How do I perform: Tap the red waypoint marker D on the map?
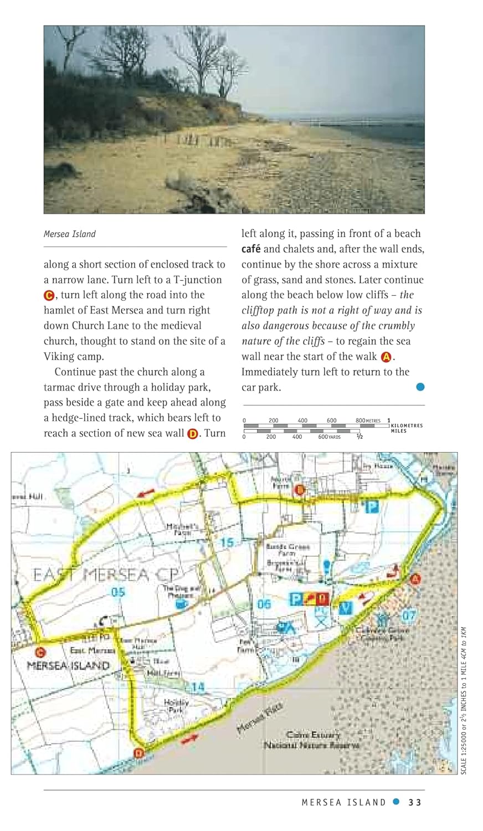tap(139, 753)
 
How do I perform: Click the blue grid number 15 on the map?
tap(227, 542)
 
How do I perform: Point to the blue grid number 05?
tap(118, 592)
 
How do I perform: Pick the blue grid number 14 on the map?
tap(198, 688)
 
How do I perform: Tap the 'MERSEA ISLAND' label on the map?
tap(68, 665)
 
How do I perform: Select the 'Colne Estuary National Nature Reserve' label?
tap(311, 740)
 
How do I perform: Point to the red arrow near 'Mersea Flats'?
tap(188, 738)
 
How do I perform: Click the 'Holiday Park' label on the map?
tap(176, 706)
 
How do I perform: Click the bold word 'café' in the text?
tap(251, 249)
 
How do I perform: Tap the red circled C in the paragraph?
tap(49, 295)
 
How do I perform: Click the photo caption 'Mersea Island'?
tap(70, 234)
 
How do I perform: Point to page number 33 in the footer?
tap(415, 802)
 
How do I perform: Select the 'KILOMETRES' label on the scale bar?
tap(407, 425)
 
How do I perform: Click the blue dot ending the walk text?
tap(420, 387)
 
